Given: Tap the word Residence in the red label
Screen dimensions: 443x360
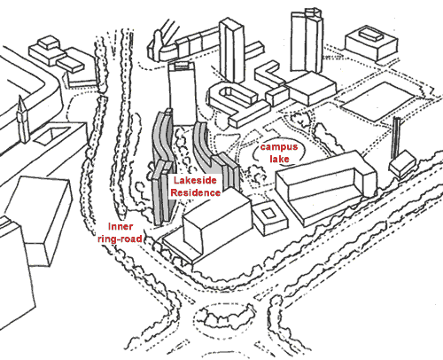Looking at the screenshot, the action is (195, 192).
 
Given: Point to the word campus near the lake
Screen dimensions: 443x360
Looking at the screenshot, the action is (279, 147).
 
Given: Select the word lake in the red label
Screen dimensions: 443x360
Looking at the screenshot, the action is (279, 159).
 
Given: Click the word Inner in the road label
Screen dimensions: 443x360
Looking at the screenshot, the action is (120, 227).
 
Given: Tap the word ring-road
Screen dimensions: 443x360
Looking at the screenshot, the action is (120, 239).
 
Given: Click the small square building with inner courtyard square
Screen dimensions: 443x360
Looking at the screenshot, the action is (270, 218).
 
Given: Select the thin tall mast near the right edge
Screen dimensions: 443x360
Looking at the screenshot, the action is (395, 138).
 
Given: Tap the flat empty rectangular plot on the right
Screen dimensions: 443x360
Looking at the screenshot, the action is (377, 101).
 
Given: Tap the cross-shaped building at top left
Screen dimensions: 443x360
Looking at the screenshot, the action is (57, 55).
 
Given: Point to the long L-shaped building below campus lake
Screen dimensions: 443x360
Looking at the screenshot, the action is (326, 188).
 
